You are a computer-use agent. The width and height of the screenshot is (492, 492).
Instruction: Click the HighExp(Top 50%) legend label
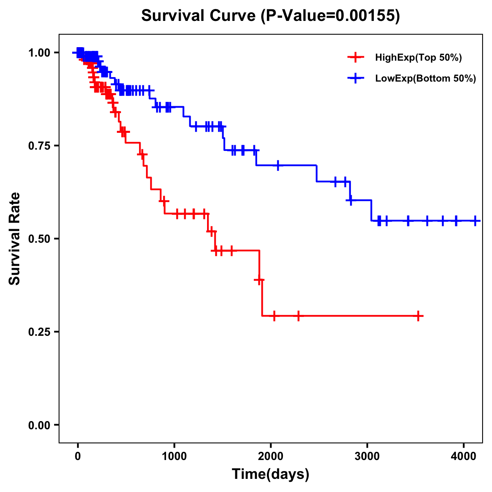click(x=418, y=58)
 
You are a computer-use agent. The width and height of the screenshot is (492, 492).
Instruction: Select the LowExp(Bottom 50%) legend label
click(x=426, y=79)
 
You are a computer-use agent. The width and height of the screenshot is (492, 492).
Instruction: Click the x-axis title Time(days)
click(x=271, y=474)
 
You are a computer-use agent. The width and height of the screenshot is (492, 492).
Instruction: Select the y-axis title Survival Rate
click(x=15, y=239)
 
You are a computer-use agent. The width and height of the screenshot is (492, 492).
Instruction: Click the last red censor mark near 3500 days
click(x=418, y=316)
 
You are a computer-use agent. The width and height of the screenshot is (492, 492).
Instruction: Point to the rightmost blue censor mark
click(x=475, y=221)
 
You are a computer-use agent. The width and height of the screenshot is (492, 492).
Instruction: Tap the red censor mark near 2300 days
click(x=298, y=316)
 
